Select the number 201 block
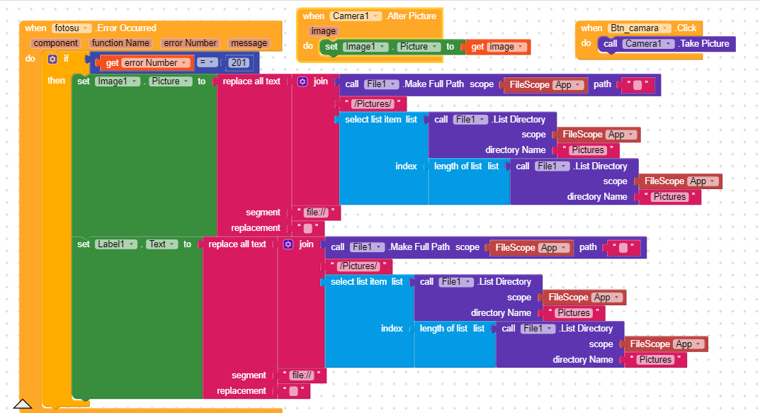pyautogui.click(x=239, y=62)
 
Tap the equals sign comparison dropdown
pyautogui.click(x=208, y=62)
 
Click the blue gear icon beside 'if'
pyautogui.click(x=52, y=58)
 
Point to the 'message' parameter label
pyautogui.click(x=249, y=43)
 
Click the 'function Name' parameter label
pyautogui.click(x=120, y=43)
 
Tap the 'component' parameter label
pyautogui.click(x=57, y=43)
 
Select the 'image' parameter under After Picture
pyautogui.click(x=323, y=31)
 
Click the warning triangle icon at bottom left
pyautogui.click(x=23, y=404)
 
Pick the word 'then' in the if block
pyautogui.click(x=56, y=81)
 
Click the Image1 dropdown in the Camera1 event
pyautogui.click(x=365, y=47)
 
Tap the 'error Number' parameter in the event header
pyautogui.click(x=191, y=43)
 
